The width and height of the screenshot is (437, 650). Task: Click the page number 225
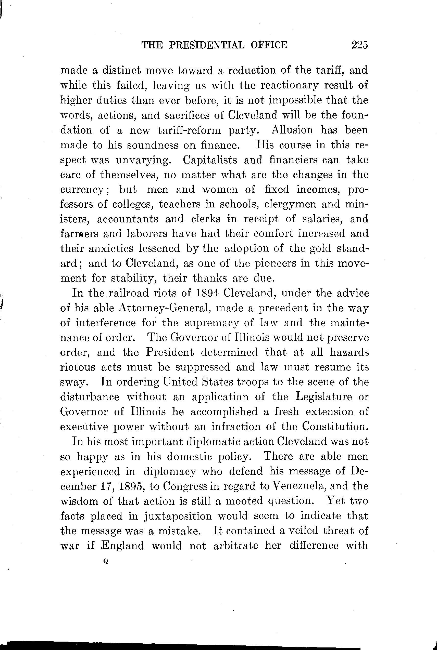(x=360, y=45)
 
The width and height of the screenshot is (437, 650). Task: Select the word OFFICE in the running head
(x=269, y=45)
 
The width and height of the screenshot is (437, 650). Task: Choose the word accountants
(x=127, y=219)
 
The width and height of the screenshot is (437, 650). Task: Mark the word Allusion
(x=292, y=130)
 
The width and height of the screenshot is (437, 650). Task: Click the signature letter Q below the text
(x=105, y=562)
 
